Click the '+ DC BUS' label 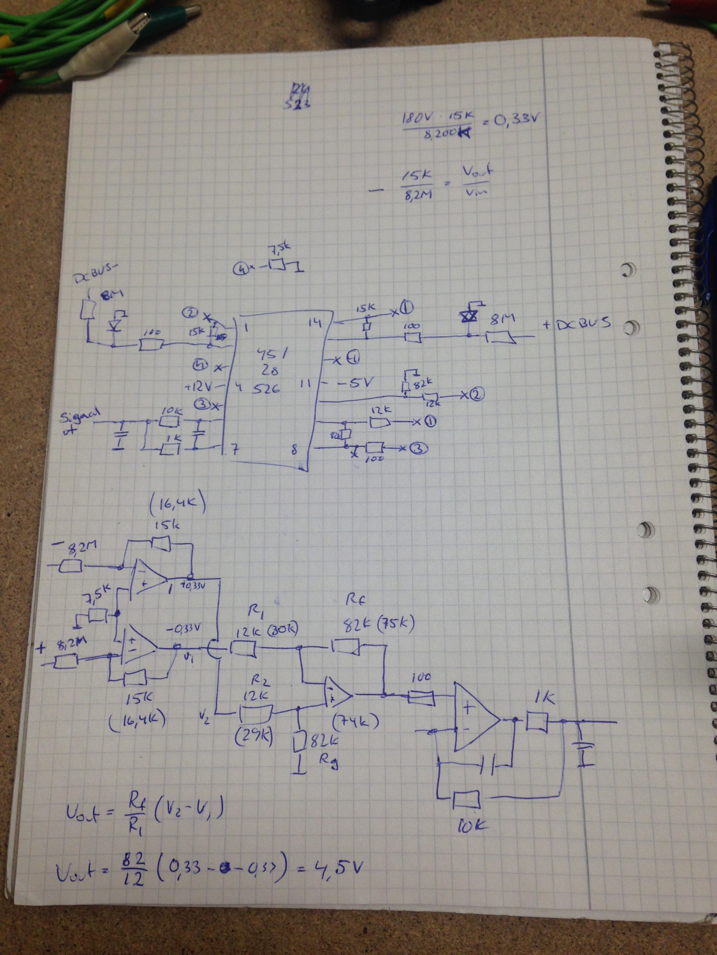[x=577, y=324]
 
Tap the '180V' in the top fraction [x=417, y=118]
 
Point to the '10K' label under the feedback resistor [x=472, y=826]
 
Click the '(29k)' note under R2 [x=254, y=736]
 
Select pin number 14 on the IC [x=315, y=323]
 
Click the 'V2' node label [x=204, y=718]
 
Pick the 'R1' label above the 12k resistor [x=256, y=612]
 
